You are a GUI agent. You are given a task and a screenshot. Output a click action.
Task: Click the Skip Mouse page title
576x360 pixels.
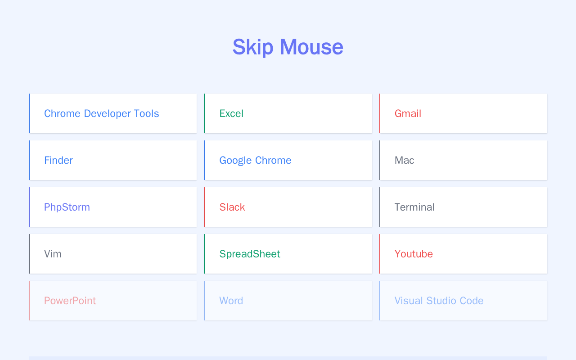(288, 47)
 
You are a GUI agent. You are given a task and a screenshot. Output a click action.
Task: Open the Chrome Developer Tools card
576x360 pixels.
(102, 113)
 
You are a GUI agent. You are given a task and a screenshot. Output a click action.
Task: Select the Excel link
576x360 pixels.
(231, 113)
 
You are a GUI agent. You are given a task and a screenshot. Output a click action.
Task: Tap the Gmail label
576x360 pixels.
(408, 113)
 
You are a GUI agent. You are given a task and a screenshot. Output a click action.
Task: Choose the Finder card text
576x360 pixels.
(58, 160)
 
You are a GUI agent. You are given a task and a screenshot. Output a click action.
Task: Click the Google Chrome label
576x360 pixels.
(255, 160)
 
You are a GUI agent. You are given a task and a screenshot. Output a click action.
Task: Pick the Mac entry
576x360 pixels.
(404, 160)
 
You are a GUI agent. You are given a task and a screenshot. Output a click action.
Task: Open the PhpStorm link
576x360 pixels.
(67, 207)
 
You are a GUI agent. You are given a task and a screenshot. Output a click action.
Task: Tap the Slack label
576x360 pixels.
(232, 207)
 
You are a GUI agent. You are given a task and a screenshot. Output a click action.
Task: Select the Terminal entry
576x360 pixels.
(414, 207)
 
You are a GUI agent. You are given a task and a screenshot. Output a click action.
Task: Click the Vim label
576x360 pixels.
(53, 254)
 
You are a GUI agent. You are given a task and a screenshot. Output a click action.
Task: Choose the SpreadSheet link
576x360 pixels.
(250, 254)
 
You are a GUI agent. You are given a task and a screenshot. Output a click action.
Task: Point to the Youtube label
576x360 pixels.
(414, 254)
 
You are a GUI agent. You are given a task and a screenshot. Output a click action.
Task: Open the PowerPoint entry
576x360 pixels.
(70, 301)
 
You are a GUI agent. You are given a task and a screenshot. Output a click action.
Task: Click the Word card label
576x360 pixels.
(231, 301)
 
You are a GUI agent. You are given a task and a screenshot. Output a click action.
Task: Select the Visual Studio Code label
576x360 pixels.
(439, 301)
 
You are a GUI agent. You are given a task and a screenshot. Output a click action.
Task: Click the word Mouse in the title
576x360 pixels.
(312, 47)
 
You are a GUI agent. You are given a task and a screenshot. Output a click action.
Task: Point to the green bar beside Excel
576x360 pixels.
(204, 113)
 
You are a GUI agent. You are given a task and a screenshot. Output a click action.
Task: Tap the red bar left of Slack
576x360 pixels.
(204, 207)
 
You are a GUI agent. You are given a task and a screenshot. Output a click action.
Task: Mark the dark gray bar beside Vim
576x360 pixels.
(29, 254)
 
